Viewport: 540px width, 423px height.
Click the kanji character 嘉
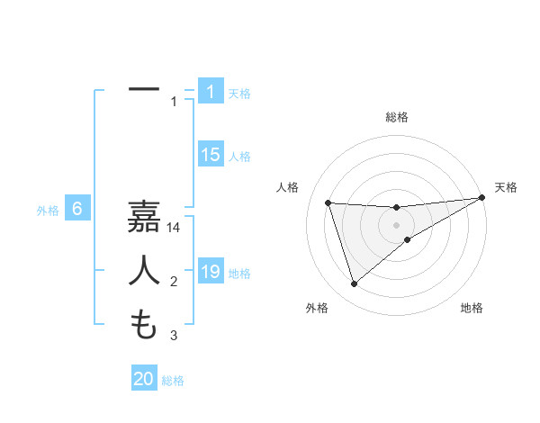144,218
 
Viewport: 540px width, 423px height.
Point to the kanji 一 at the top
144,90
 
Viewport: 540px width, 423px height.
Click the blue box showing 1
210,92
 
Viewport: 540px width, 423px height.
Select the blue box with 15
210,155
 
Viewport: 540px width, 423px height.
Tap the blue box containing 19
210,272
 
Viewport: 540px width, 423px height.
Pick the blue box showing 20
144,379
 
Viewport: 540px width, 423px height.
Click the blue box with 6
77,210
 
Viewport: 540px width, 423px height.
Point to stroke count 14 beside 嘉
174,229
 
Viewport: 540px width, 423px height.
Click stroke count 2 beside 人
174,283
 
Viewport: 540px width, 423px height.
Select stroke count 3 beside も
174,336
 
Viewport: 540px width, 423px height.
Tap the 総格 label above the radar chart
396,117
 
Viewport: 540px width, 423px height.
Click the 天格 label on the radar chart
506,187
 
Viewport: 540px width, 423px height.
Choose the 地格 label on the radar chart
472,308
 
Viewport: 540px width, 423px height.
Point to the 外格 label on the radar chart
317,308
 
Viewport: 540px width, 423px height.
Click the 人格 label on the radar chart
287,187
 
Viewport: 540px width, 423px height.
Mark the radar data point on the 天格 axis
482,198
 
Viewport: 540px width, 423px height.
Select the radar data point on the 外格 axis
354,284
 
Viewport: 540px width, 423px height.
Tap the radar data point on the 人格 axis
328,203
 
